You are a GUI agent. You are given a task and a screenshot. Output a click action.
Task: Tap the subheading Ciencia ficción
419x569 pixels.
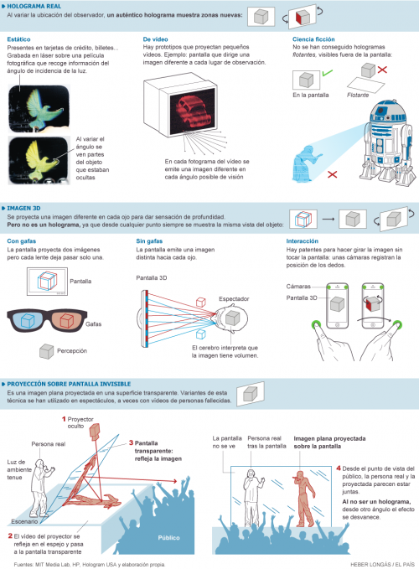(x=314, y=39)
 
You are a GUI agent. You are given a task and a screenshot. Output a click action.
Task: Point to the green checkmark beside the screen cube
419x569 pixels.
(x=323, y=75)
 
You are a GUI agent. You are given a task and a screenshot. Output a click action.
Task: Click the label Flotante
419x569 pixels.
(x=359, y=96)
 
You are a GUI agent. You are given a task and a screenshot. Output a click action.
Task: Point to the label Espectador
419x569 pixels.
(x=236, y=297)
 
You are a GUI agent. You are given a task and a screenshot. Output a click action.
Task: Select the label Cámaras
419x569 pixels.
(x=299, y=287)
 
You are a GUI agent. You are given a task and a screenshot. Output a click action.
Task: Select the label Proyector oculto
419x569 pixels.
(x=80, y=422)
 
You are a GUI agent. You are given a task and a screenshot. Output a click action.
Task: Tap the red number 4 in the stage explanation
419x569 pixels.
(x=338, y=468)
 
